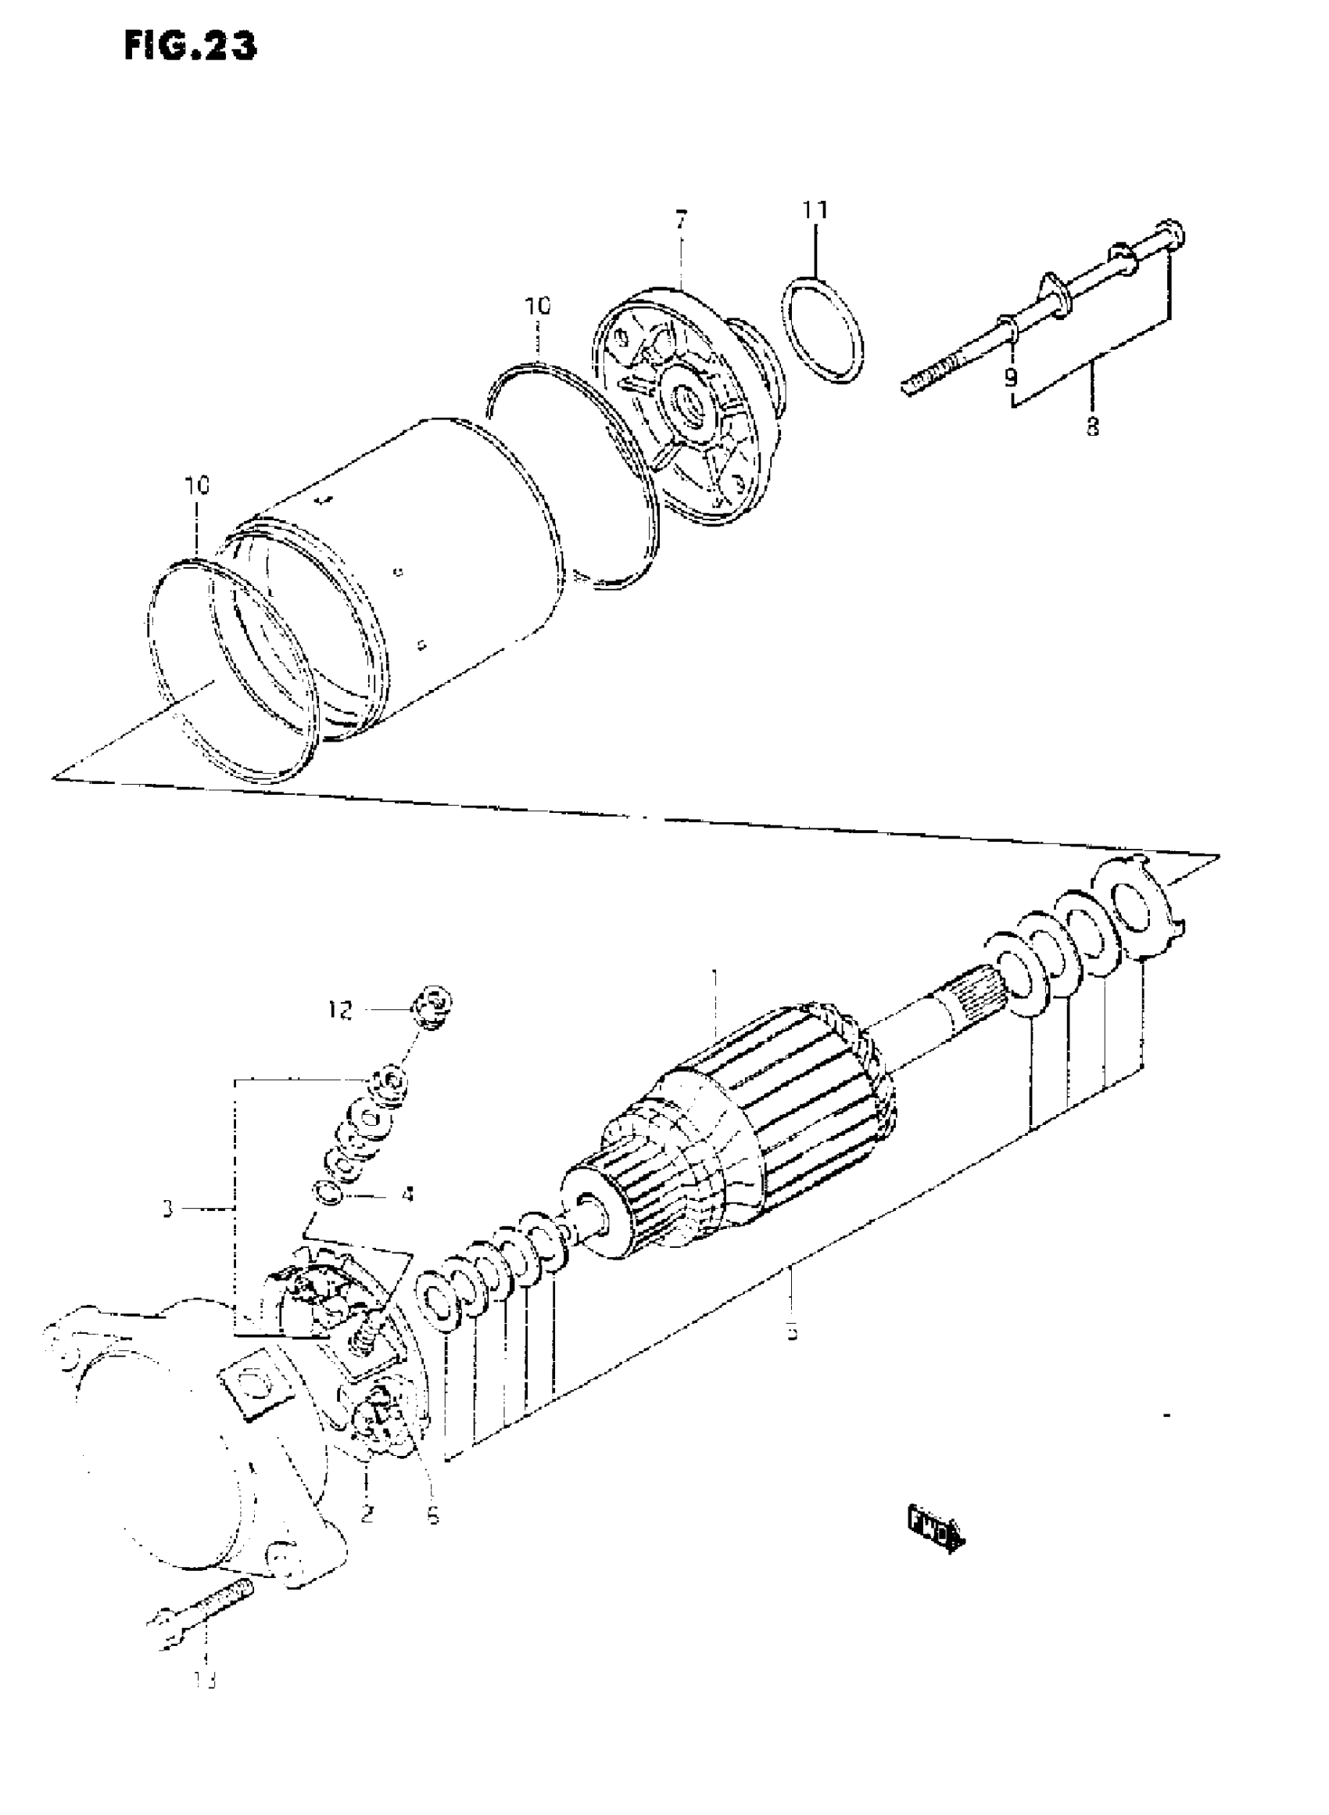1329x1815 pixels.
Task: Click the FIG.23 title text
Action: (x=191, y=48)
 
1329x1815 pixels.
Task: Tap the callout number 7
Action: (x=682, y=220)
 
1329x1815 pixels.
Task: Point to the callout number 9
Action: (x=1010, y=376)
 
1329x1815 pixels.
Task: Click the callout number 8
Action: (x=1091, y=426)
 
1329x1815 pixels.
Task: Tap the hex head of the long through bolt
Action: (x=1172, y=234)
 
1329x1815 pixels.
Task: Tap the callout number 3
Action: (x=167, y=1231)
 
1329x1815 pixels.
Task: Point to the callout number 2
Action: (x=367, y=1513)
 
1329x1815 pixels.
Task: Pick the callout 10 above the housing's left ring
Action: (x=197, y=485)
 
